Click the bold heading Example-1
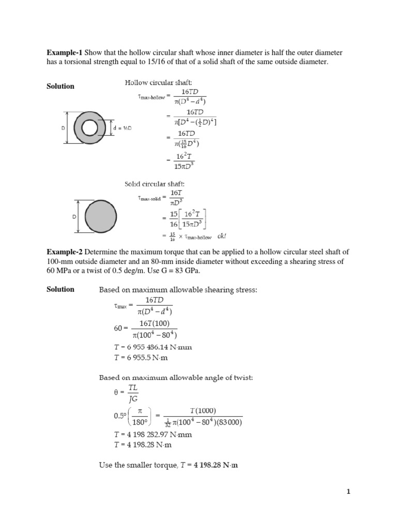[65, 53]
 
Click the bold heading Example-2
[65, 252]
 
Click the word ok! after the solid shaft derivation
[222, 237]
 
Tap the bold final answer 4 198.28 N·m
[216, 465]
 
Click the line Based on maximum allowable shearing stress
[178, 290]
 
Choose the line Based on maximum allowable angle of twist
[176, 378]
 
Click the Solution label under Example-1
[60, 86]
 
